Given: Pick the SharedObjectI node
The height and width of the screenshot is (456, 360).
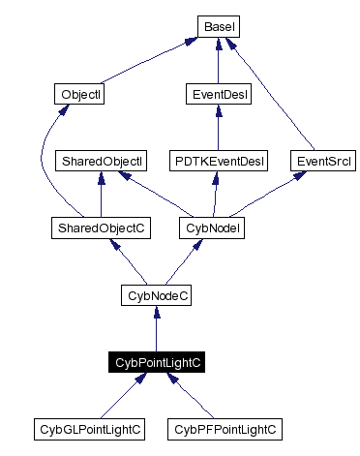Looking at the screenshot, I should (x=102, y=160).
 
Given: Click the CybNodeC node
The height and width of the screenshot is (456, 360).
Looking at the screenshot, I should (x=157, y=294).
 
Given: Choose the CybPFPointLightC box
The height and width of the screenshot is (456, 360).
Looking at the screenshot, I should (x=224, y=427).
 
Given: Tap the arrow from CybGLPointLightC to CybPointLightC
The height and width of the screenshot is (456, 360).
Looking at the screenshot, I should (x=123, y=394).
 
